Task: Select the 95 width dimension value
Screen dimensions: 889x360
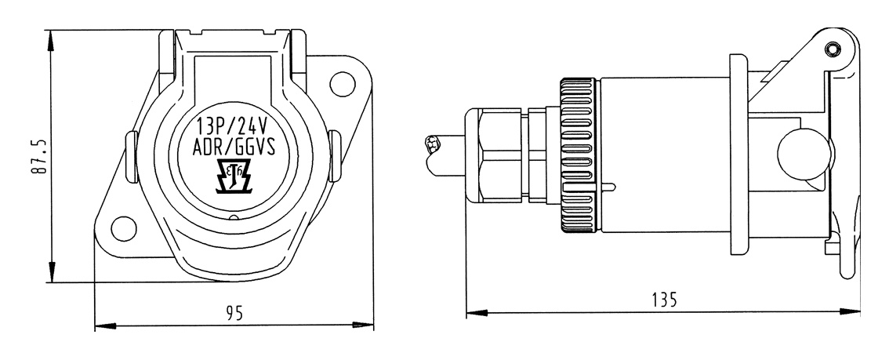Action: (x=234, y=313)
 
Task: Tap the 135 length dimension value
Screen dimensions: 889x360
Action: (x=664, y=299)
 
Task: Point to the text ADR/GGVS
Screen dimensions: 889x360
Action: (x=234, y=147)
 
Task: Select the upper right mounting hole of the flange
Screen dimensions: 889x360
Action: (x=343, y=84)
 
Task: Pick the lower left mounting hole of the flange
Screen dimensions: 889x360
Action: (x=124, y=228)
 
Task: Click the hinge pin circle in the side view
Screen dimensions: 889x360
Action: (x=832, y=49)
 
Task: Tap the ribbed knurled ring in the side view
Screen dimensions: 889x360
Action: (x=577, y=155)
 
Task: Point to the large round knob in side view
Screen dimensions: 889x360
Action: (x=804, y=155)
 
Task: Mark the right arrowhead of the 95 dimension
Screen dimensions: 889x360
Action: (x=363, y=325)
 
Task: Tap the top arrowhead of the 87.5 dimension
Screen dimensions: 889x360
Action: (x=51, y=41)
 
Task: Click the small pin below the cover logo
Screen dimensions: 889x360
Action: (x=234, y=218)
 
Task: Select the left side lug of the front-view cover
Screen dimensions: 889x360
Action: (x=132, y=157)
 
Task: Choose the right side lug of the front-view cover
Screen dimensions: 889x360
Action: (x=335, y=157)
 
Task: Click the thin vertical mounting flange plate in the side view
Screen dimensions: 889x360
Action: (x=738, y=155)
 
